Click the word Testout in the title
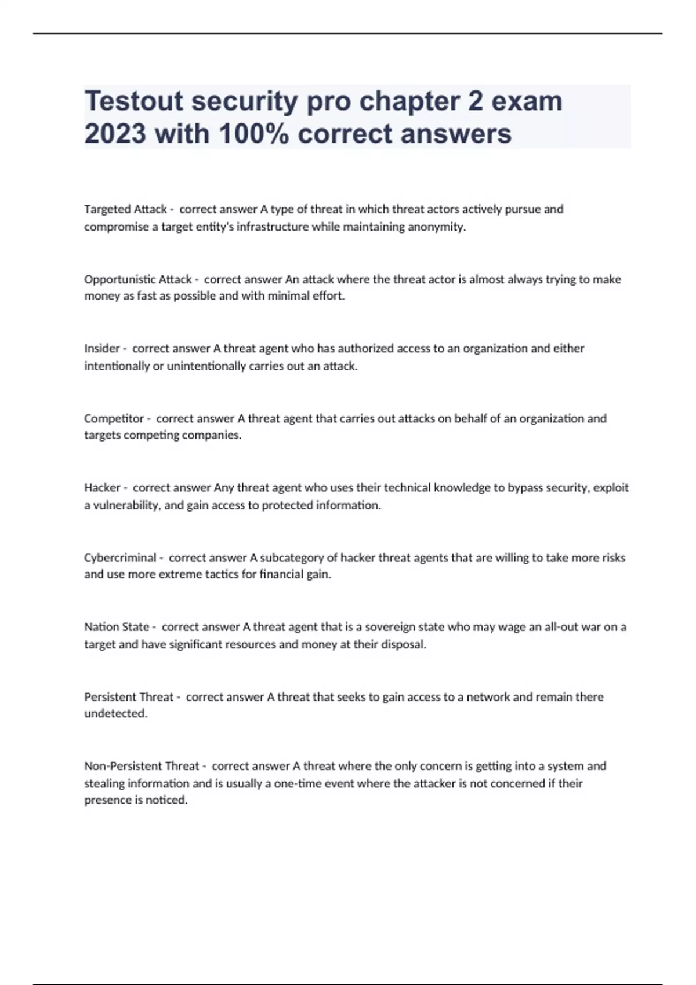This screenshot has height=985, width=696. click(x=133, y=101)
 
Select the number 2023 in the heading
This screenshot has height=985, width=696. click(x=115, y=134)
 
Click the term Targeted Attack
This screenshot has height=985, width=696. click(x=125, y=209)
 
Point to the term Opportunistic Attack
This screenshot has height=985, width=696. click(x=137, y=279)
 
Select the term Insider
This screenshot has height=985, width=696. click(x=102, y=348)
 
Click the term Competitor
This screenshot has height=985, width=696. click(x=114, y=418)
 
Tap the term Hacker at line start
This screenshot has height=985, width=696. click(x=102, y=488)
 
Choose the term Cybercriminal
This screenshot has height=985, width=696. click(x=120, y=558)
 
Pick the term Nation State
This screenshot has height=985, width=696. click(x=117, y=627)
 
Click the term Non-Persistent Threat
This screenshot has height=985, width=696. click(x=142, y=766)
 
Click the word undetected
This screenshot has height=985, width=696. click(x=115, y=713)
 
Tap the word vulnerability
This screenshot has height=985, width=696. click(x=126, y=505)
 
